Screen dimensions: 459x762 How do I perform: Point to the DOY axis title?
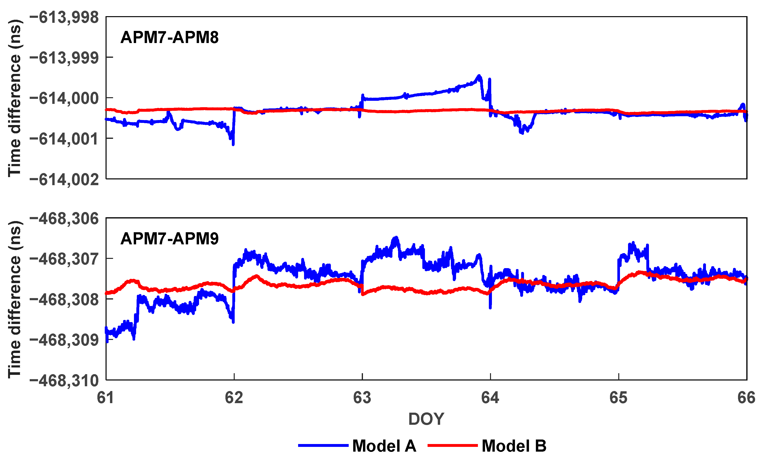426,419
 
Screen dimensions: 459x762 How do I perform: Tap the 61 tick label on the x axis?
106,397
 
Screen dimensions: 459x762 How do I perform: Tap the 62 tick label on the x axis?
234,397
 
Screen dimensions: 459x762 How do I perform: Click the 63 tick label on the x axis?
362,397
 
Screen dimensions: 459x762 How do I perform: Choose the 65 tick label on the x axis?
619,397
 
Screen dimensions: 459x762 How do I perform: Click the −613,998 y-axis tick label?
64,17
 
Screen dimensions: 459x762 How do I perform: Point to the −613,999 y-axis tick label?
64,58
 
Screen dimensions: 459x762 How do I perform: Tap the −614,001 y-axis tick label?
64,139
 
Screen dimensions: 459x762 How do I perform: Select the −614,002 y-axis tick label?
64,179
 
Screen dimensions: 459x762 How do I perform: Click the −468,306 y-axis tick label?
64,219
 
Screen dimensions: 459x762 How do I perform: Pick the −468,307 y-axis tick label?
64,259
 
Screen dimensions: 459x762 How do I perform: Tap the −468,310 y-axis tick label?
64,380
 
